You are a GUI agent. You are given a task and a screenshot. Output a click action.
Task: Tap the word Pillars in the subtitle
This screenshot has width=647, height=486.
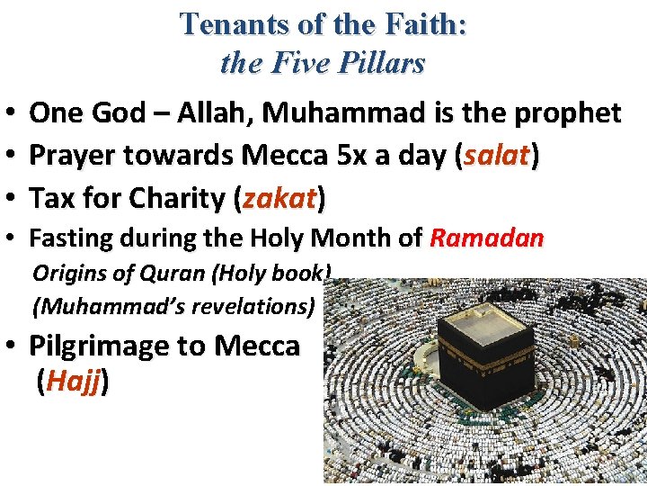pyautogui.click(x=380, y=64)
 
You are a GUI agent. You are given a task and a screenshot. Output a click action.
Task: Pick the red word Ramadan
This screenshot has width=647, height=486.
pyautogui.click(x=487, y=239)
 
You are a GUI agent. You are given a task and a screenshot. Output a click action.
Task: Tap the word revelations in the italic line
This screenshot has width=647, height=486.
pyautogui.click(x=253, y=306)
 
